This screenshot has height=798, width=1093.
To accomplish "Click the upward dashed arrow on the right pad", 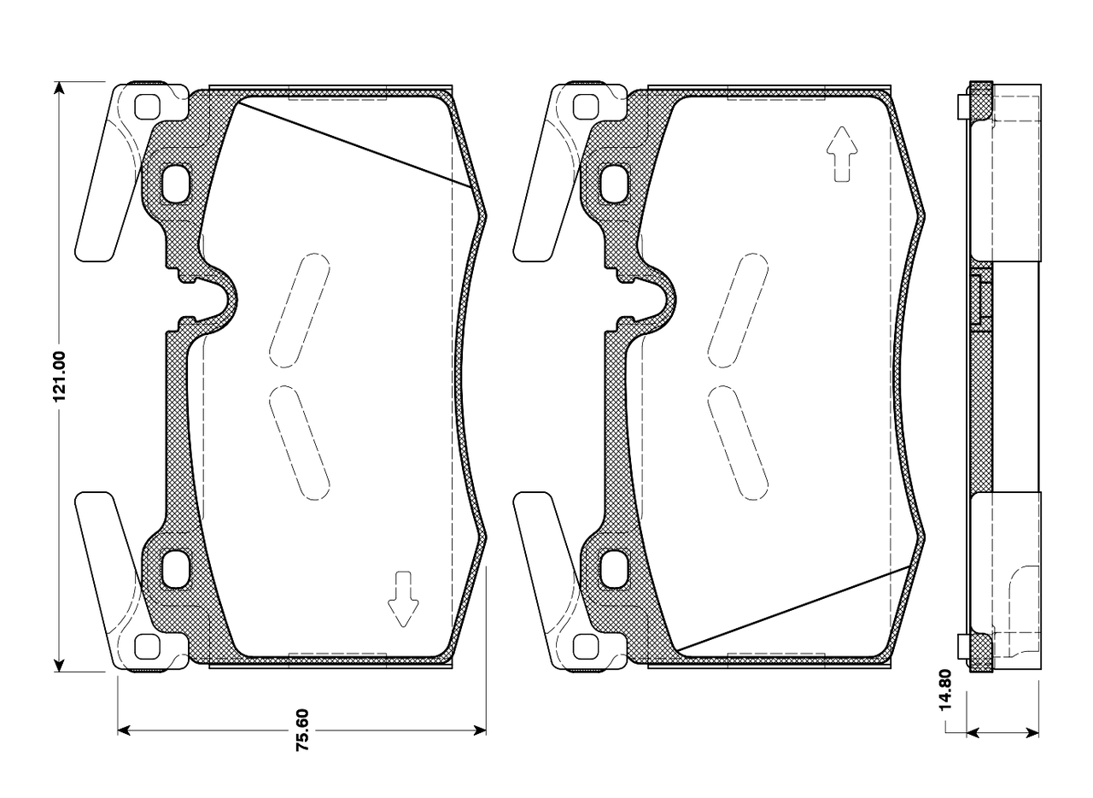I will [x=841, y=153].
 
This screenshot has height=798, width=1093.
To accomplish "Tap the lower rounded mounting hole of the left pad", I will [x=178, y=569].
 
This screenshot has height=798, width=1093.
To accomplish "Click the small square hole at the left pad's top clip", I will [x=149, y=106].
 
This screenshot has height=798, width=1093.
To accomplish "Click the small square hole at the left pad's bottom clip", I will [x=149, y=647].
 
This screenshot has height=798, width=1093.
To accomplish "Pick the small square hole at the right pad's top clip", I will [x=587, y=106].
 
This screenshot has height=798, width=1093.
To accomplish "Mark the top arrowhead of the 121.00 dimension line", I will [x=59, y=88].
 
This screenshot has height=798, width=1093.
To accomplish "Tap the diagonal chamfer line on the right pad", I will [x=794, y=608].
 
